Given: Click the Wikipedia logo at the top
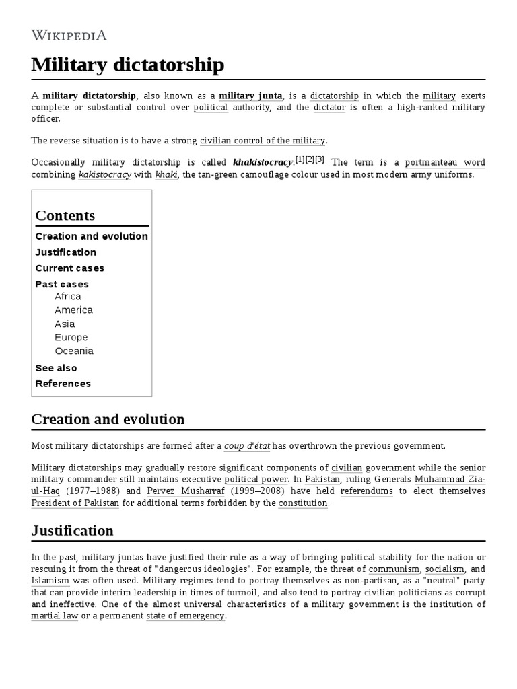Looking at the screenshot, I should [x=69, y=35].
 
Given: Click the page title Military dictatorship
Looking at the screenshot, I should [x=128, y=65].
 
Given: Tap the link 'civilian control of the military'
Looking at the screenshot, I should [x=263, y=141].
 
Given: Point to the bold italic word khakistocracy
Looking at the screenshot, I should [x=263, y=163].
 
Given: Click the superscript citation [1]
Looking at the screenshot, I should [x=300, y=159].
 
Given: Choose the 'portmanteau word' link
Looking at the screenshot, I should [x=444, y=163].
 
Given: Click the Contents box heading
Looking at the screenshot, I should [x=65, y=215].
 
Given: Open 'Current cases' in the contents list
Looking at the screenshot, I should [x=69, y=268].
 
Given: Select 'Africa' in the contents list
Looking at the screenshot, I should [x=68, y=297].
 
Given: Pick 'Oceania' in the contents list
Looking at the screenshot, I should [x=74, y=351].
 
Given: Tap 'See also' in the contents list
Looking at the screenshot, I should [x=56, y=368].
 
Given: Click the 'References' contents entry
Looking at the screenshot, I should [x=63, y=384].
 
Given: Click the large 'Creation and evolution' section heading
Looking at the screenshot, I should [x=108, y=419].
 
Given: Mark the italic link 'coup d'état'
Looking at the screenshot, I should [x=246, y=446].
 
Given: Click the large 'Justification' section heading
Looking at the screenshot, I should [x=72, y=530].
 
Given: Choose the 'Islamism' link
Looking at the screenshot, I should [x=50, y=580].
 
